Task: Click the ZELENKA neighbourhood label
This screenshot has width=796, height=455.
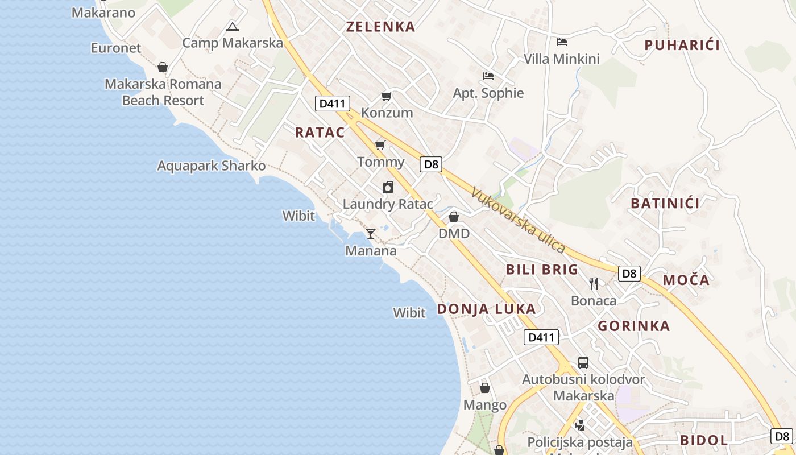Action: coord(380,27)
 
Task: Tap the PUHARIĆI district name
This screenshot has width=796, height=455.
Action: coord(682,45)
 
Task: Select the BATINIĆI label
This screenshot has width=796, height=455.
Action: coord(665,203)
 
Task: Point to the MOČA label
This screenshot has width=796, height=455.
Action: coord(686,280)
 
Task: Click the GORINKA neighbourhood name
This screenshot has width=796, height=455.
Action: coord(634,326)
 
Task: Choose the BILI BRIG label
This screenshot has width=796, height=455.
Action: coord(542,270)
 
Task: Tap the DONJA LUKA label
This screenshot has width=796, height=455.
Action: coord(486,309)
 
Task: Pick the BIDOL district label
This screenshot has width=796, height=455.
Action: coord(704,440)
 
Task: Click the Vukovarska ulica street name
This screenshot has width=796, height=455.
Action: coord(518,220)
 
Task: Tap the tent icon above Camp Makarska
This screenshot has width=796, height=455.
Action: coord(232,27)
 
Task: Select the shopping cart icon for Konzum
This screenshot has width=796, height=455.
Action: coord(387,96)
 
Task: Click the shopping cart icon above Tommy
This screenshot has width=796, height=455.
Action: coord(380,145)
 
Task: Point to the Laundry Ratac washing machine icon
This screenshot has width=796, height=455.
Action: coord(388,187)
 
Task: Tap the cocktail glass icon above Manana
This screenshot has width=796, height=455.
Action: coord(371,233)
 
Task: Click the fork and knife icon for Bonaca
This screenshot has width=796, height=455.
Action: coord(594,283)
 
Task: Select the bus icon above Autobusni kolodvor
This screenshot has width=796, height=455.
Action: coord(583,362)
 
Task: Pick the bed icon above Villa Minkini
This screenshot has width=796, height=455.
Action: coord(562,42)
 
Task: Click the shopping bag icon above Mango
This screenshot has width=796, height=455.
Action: coord(484,388)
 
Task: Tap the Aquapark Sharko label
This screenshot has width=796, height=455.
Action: coord(212,166)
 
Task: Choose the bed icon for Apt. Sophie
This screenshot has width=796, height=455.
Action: coord(488,76)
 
